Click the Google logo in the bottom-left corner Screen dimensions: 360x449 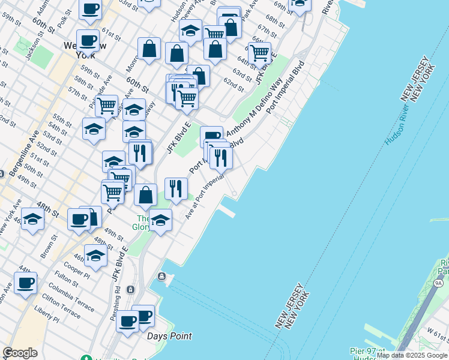click(20, 353)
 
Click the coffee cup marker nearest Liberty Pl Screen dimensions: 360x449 click(25, 283)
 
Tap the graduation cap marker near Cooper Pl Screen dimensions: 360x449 click(95, 255)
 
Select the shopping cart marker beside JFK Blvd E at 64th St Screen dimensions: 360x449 click(259, 53)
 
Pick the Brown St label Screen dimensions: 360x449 click(49, 247)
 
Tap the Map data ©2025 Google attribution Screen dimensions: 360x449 click(412, 355)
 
